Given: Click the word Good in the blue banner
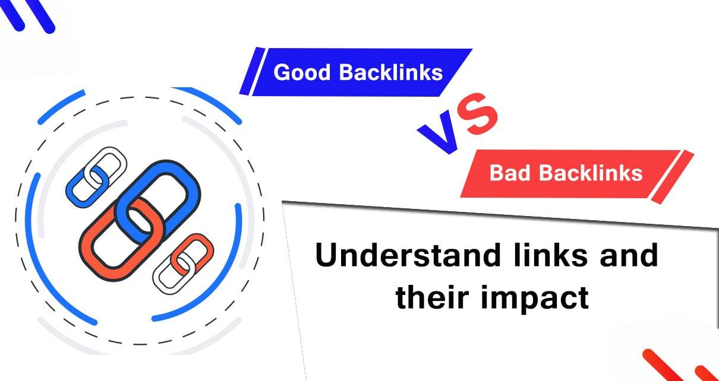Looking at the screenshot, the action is (302, 72).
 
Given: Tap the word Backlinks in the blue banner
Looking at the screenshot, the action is (391, 72).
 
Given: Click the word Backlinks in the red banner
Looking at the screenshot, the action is (591, 173).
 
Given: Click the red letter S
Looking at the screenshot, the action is (478, 114).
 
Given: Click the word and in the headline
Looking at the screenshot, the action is (629, 255).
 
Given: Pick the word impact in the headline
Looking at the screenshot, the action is (535, 300).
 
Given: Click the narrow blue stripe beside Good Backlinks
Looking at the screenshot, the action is (253, 71).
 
